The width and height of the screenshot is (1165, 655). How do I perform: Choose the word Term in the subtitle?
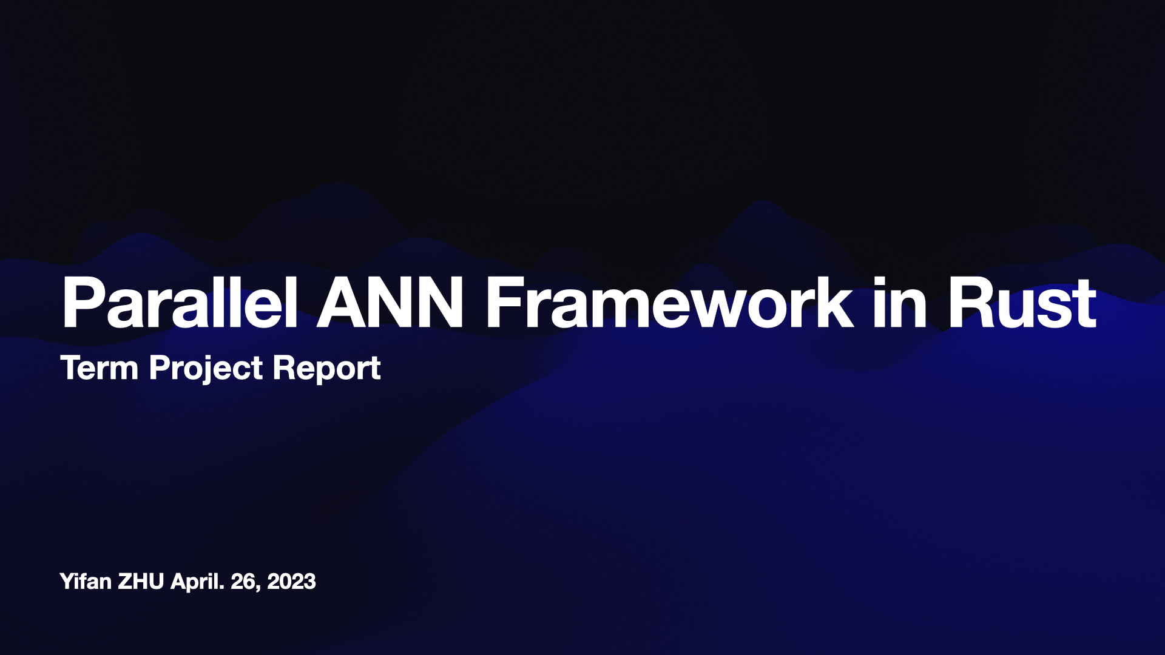point(100,368)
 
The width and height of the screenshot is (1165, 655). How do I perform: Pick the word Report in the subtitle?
point(326,369)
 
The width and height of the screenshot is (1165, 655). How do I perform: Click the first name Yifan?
point(86,581)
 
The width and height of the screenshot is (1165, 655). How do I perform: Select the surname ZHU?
point(141,581)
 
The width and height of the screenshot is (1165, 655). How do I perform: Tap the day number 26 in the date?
point(244,581)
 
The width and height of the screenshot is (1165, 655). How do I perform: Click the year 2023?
point(291,581)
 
